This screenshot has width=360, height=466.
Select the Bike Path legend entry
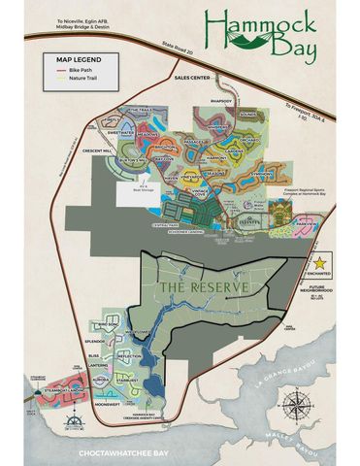(79, 71)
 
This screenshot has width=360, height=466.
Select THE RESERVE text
(199, 287)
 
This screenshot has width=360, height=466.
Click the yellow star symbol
(321, 263)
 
